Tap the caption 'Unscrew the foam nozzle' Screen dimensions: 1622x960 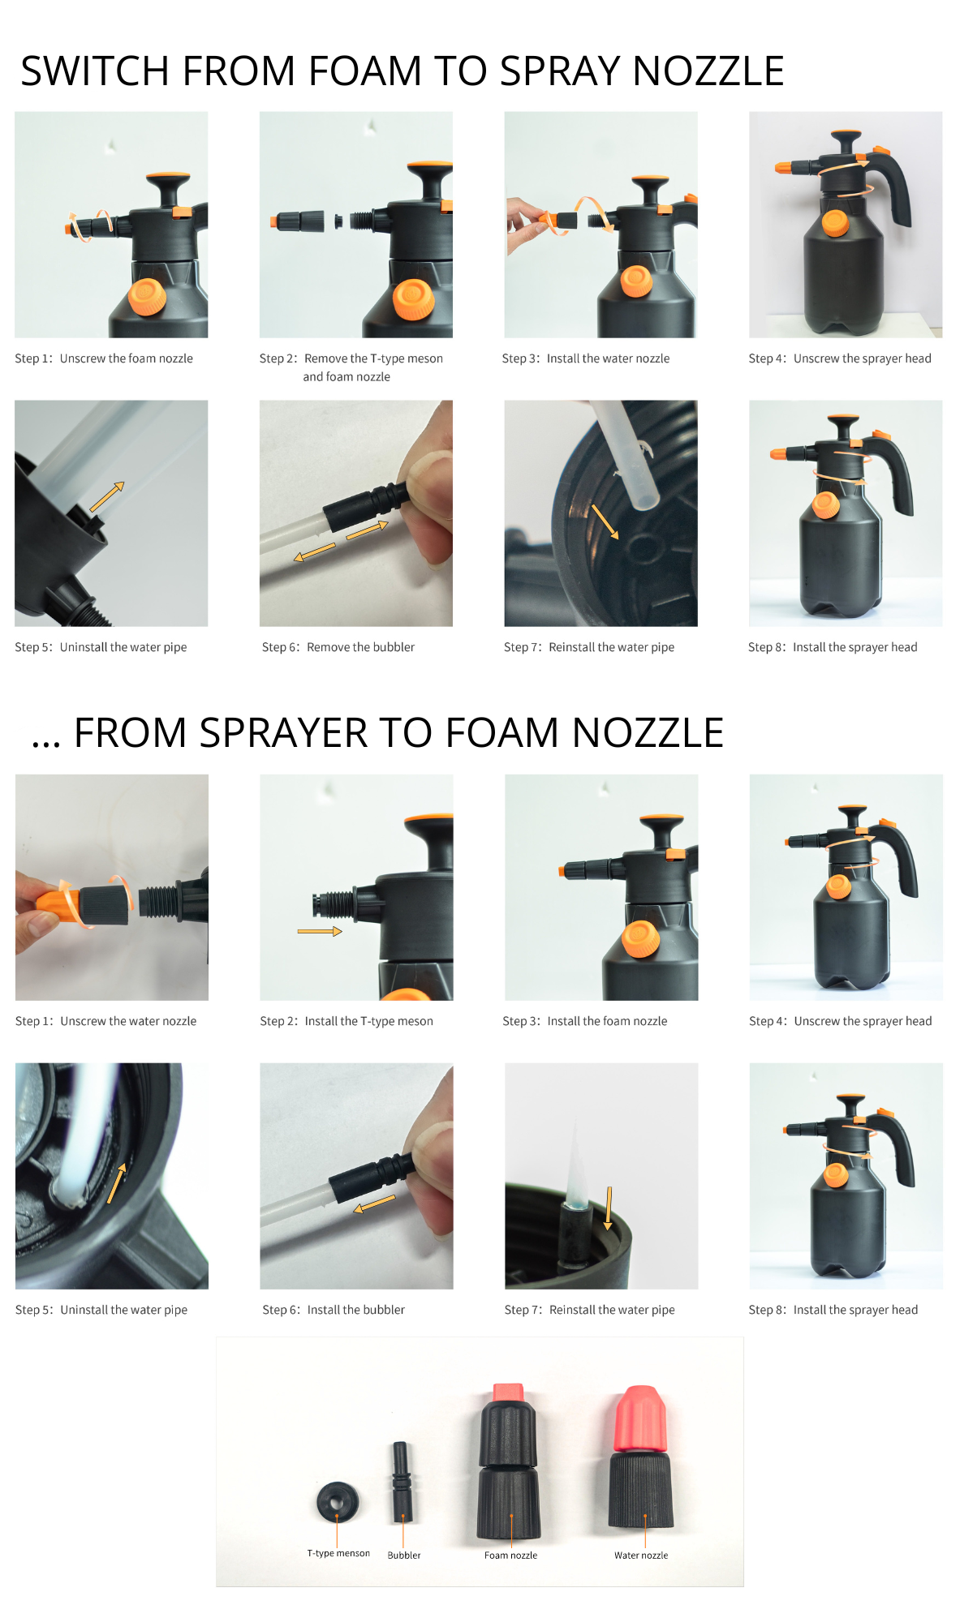pos(126,358)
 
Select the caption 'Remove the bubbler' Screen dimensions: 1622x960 pos(360,647)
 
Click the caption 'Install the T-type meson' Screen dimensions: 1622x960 pos(368,1021)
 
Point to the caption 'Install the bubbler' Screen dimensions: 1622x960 pos(355,1310)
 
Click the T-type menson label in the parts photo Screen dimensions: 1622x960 pos(338,1553)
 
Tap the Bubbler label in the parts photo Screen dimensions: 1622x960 pos(403,1555)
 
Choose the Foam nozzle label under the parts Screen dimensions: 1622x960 pos(510,1555)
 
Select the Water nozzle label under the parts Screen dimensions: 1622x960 pos(641,1555)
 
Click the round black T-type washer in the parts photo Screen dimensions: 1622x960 pos(338,1502)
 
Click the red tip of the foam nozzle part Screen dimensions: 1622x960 pos(508,1392)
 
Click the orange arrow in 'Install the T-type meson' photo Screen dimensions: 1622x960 pos(320,931)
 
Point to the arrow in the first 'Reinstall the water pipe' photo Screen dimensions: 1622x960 pos(605,521)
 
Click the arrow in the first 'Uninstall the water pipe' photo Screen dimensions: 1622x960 pos(106,497)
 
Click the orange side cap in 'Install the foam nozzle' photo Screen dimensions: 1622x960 pos(640,940)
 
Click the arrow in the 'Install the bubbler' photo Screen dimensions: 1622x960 pos(375,1204)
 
